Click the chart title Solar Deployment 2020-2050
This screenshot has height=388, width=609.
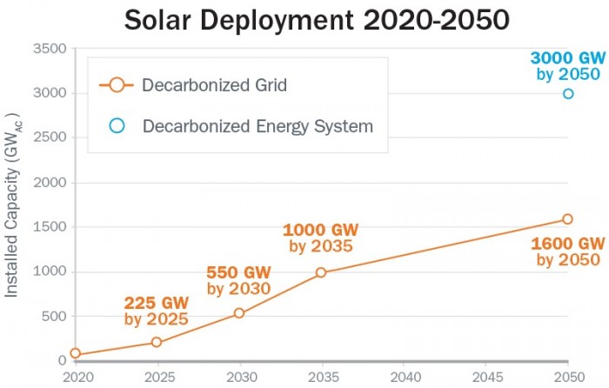tap(304, 19)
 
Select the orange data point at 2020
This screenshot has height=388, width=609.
tap(75, 353)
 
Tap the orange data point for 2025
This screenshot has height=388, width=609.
tap(157, 342)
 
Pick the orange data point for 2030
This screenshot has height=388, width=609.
tap(239, 313)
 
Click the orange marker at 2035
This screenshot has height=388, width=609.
tap(321, 272)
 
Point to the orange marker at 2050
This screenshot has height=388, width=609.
tap(567, 219)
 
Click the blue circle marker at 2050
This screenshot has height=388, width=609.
tap(568, 93)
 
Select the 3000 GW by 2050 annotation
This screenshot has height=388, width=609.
tap(566, 66)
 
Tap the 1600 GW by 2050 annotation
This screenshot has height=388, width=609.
tap(567, 251)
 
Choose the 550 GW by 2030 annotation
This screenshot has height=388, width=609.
tap(238, 280)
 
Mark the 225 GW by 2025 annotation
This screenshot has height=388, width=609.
tap(157, 311)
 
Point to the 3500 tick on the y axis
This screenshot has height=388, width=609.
tap(49, 49)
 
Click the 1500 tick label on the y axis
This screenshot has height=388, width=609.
tap(49, 227)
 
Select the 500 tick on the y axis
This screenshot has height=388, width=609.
tap(52, 316)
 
